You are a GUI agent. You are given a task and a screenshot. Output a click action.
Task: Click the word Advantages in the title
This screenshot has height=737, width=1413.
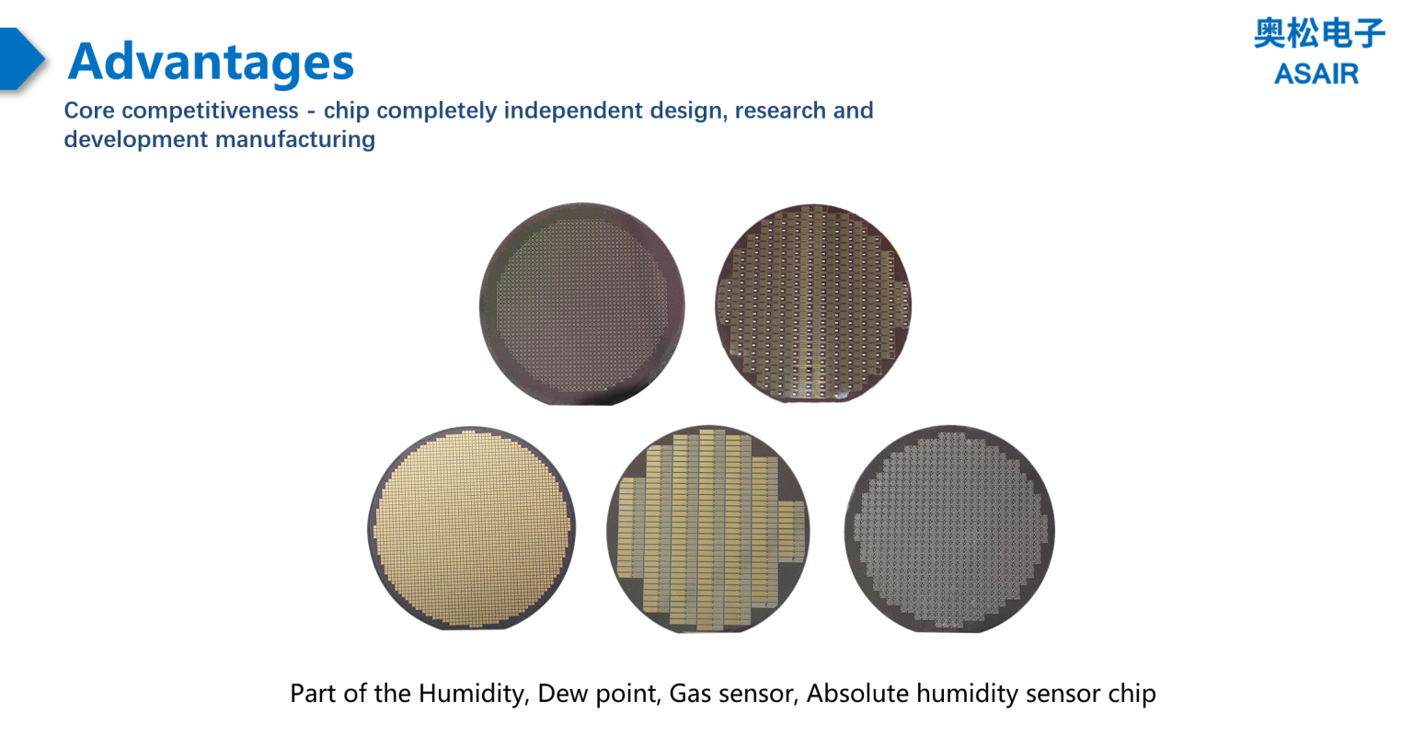211,62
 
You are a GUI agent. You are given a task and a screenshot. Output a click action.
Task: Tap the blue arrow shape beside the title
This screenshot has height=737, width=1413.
20,59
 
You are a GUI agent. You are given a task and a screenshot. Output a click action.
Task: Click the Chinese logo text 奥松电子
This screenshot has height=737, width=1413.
1318,34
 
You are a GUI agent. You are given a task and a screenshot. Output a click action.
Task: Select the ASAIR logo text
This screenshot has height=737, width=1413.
1315,74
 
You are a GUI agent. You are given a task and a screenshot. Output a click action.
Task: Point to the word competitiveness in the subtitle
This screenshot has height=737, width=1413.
210,110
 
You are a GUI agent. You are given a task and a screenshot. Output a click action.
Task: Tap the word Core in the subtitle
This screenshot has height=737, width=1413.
89,110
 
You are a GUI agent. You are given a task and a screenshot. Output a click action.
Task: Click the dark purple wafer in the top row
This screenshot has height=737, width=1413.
581,304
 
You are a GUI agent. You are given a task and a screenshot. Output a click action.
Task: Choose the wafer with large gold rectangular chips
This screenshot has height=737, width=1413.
707,528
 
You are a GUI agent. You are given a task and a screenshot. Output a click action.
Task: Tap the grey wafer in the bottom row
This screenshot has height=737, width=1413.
949,528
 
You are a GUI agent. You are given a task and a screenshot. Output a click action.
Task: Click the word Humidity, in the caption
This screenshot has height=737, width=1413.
470,693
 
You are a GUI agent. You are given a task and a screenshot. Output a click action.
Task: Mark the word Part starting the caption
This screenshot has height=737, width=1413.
313,693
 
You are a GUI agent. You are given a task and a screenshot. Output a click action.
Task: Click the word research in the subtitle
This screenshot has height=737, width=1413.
779,110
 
